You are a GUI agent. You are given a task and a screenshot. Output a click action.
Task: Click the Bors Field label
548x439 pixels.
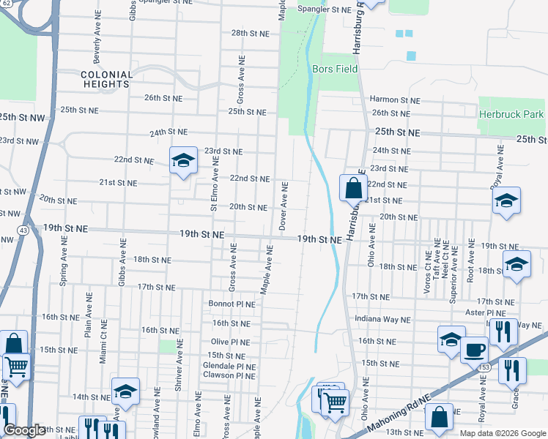tap(335, 69)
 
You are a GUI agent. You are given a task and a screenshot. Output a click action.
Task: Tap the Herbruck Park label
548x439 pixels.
tap(511, 114)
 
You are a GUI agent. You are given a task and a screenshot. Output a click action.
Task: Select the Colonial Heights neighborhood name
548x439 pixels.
tap(107, 79)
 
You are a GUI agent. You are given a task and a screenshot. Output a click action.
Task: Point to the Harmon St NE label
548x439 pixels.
tap(395, 100)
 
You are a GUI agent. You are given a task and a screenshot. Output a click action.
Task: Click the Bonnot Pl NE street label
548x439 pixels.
tap(232, 304)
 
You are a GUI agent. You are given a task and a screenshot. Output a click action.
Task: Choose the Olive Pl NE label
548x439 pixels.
tap(232, 342)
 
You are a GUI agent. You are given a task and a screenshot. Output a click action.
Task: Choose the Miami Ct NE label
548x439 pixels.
tap(103, 342)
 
